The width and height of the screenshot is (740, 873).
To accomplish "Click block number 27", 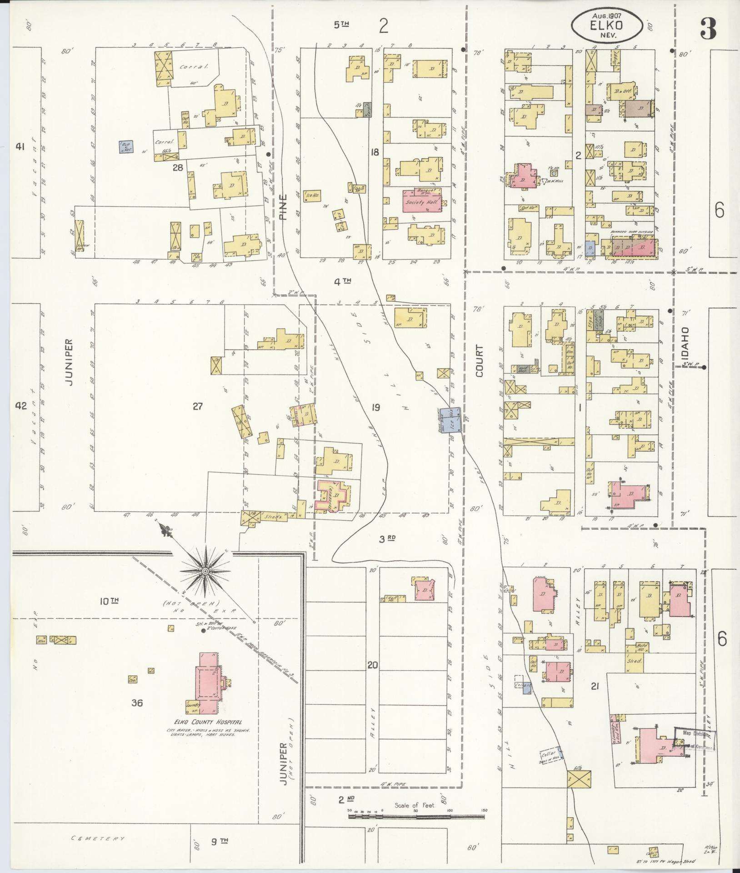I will [197, 406].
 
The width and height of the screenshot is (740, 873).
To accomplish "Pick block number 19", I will [375, 407].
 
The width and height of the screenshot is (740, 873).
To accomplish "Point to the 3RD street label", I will [387, 539].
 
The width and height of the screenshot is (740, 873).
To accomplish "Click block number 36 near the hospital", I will [137, 703].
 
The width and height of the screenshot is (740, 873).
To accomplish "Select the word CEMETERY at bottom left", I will [98, 838].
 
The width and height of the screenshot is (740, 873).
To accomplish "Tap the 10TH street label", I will [109, 601].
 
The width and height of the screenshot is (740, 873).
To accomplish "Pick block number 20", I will [373, 666].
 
